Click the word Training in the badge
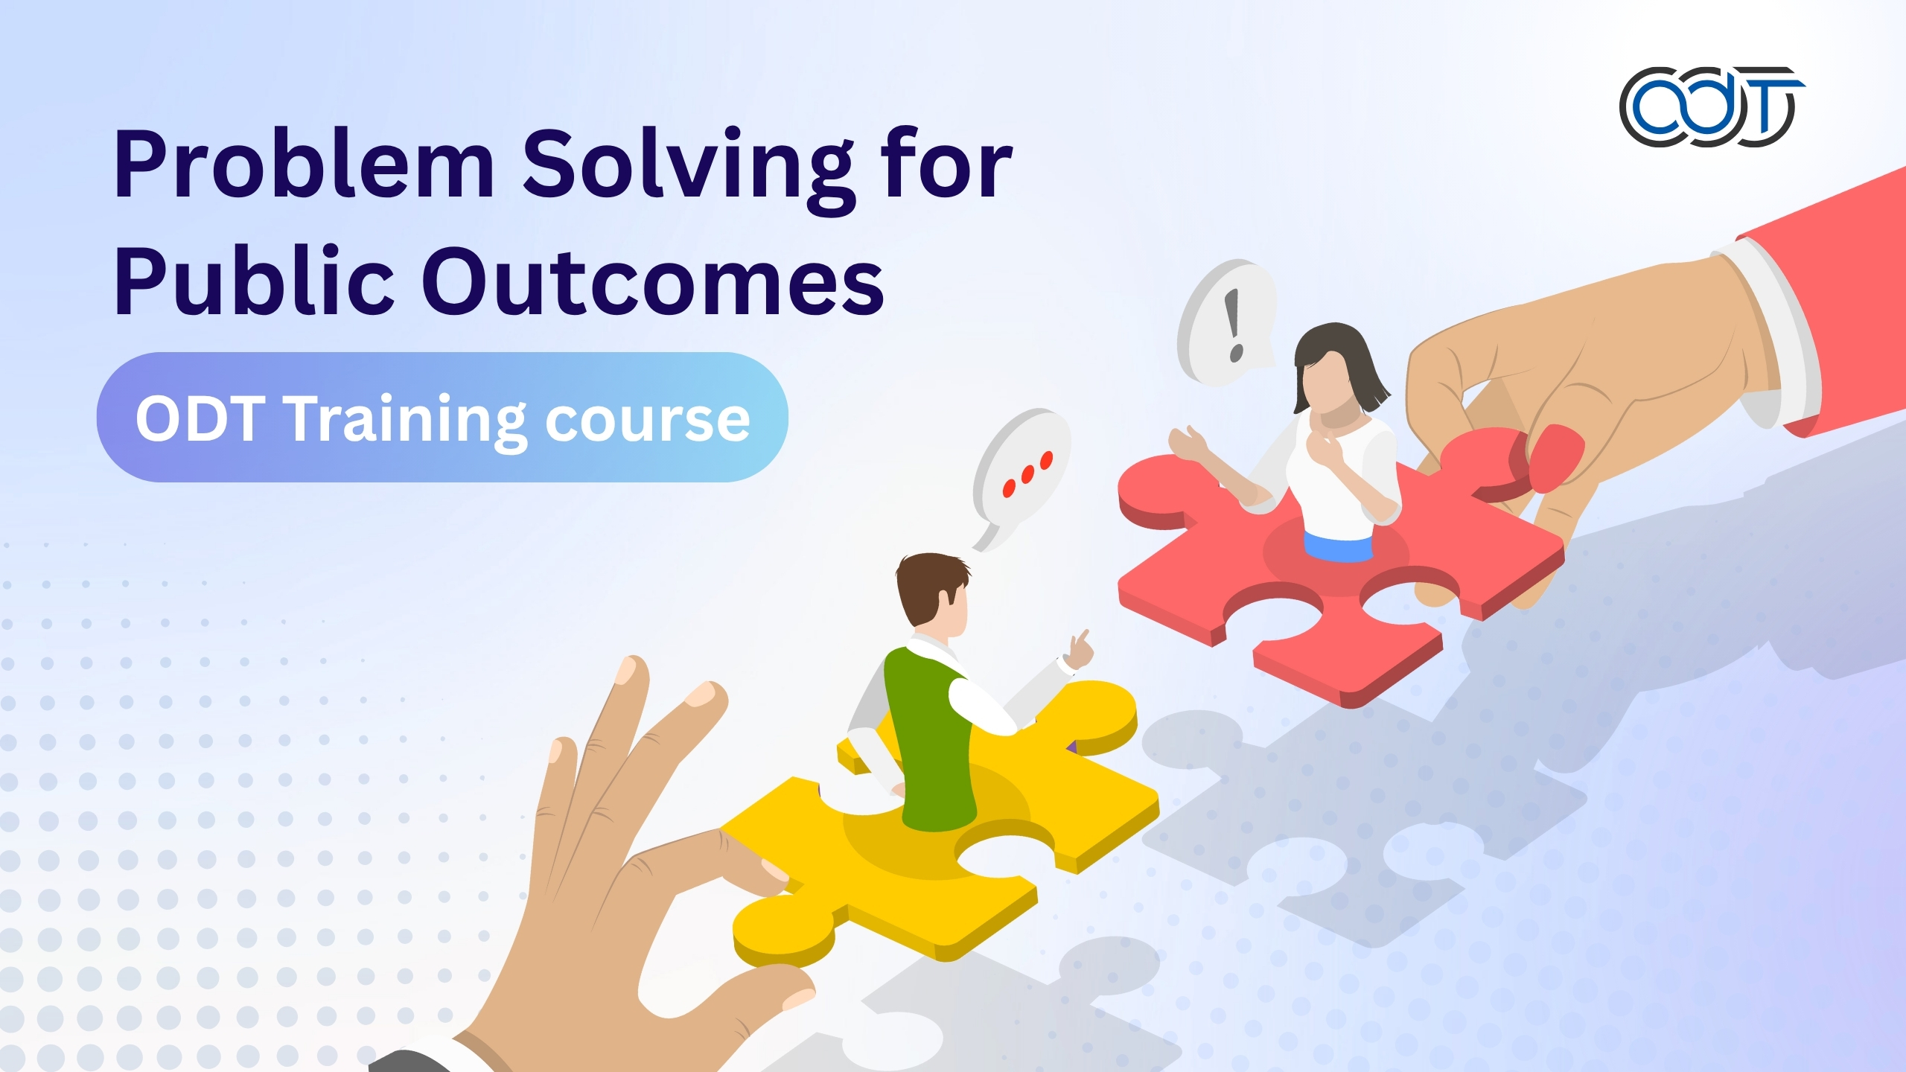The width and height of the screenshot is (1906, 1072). (x=407, y=419)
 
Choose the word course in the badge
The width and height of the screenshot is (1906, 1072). (x=647, y=421)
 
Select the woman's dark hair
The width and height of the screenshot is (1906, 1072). (x=1340, y=357)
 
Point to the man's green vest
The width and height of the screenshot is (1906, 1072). (x=927, y=737)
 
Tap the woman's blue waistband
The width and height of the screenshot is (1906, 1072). (x=1338, y=547)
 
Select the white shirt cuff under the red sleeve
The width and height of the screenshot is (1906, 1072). (x=1776, y=335)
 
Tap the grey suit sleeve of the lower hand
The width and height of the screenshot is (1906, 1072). (x=417, y=1061)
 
